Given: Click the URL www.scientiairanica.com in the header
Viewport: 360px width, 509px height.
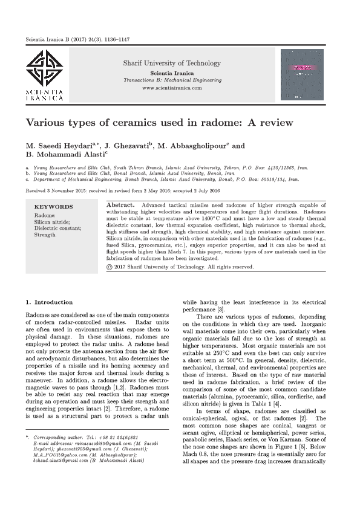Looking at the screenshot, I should click(172, 88).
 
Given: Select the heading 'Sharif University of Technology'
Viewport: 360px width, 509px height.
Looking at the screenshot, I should click(172, 63).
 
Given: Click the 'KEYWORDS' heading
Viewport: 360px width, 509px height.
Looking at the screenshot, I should click(54, 207).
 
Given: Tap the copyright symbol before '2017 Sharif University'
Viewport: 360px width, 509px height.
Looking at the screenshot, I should click(108, 266).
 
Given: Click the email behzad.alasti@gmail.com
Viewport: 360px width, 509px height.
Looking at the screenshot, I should click(59, 477).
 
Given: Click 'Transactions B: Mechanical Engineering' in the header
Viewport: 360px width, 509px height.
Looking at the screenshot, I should click(172, 80).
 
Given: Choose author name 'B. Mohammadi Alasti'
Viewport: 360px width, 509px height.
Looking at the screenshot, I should click(64, 155).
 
